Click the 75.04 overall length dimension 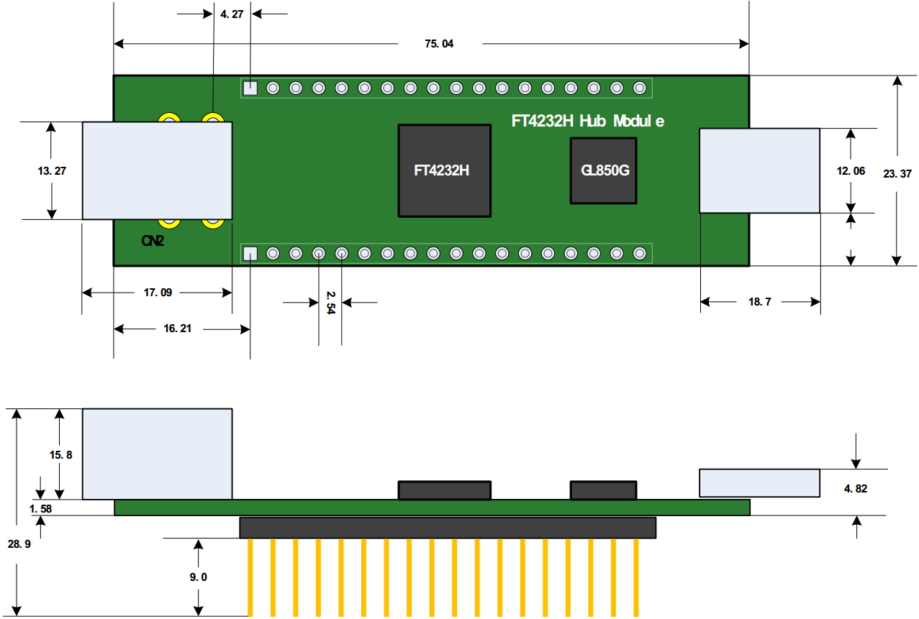pyautogui.click(x=439, y=44)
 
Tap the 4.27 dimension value pyautogui.click(x=232, y=14)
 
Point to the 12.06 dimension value pyautogui.click(x=851, y=172)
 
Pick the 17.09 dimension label pyautogui.click(x=158, y=293)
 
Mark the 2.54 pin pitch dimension pyautogui.click(x=330, y=303)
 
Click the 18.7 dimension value pyautogui.click(x=759, y=302)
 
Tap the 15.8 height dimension pyautogui.click(x=60, y=455)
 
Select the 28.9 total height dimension pyautogui.click(x=19, y=544)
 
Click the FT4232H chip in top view pyautogui.click(x=445, y=170)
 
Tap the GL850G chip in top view pyautogui.click(x=604, y=171)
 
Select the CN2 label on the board pyautogui.click(x=152, y=242)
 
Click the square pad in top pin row pyautogui.click(x=250, y=88)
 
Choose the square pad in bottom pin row pyautogui.click(x=250, y=253)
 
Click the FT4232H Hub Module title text pyautogui.click(x=587, y=121)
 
